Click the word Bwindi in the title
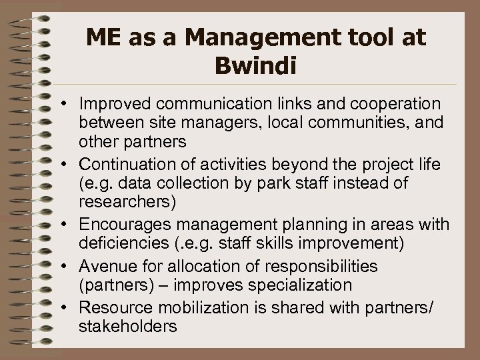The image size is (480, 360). click(x=256, y=67)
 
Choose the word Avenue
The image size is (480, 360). click(x=104, y=267)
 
